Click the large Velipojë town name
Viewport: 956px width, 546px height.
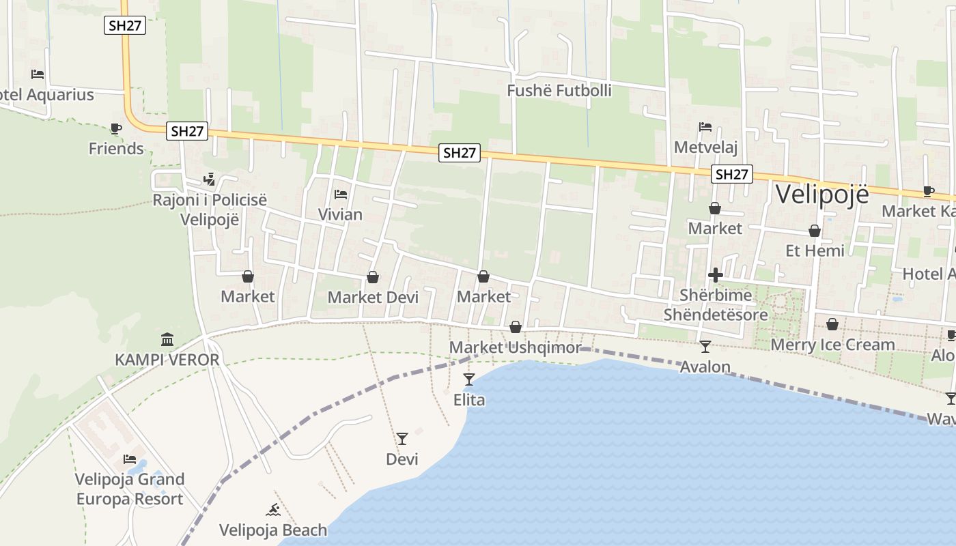coord(822,195)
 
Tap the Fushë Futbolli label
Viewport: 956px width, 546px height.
coord(559,91)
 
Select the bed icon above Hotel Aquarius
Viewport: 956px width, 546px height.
coord(38,74)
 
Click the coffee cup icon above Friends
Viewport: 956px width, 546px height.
coord(115,128)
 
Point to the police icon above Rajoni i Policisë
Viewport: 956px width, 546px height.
coord(210,179)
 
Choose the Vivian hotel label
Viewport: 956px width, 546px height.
coord(340,214)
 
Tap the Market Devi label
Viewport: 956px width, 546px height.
coord(373,298)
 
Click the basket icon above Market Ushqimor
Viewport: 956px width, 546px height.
coord(516,328)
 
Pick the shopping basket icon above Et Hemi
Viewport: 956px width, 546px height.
coord(815,231)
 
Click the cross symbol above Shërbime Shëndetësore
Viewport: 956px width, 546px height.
coord(716,275)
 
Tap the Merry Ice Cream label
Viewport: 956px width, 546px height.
coord(832,345)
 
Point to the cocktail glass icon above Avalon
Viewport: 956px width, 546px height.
coord(705,347)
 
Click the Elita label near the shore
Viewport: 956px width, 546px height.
coord(469,400)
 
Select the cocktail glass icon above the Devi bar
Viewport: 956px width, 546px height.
coord(402,438)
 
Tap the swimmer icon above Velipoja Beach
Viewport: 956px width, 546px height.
coord(273,510)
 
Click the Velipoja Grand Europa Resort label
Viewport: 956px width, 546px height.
coord(130,489)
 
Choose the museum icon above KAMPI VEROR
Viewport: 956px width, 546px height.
coord(167,339)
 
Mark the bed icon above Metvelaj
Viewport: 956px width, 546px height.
coord(705,127)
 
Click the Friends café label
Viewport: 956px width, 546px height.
coord(116,149)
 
